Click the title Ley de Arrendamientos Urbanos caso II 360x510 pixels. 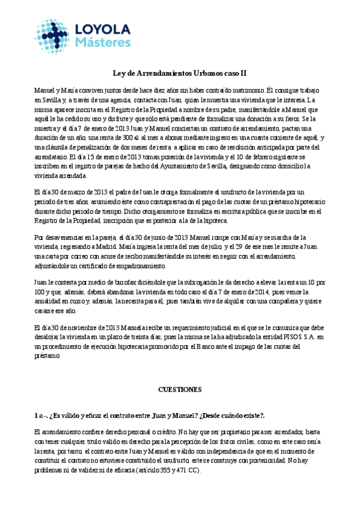click(x=180, y=73)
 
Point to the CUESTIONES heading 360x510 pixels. click(x=180, y=390)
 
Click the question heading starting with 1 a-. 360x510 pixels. click(x=150, y=416)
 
